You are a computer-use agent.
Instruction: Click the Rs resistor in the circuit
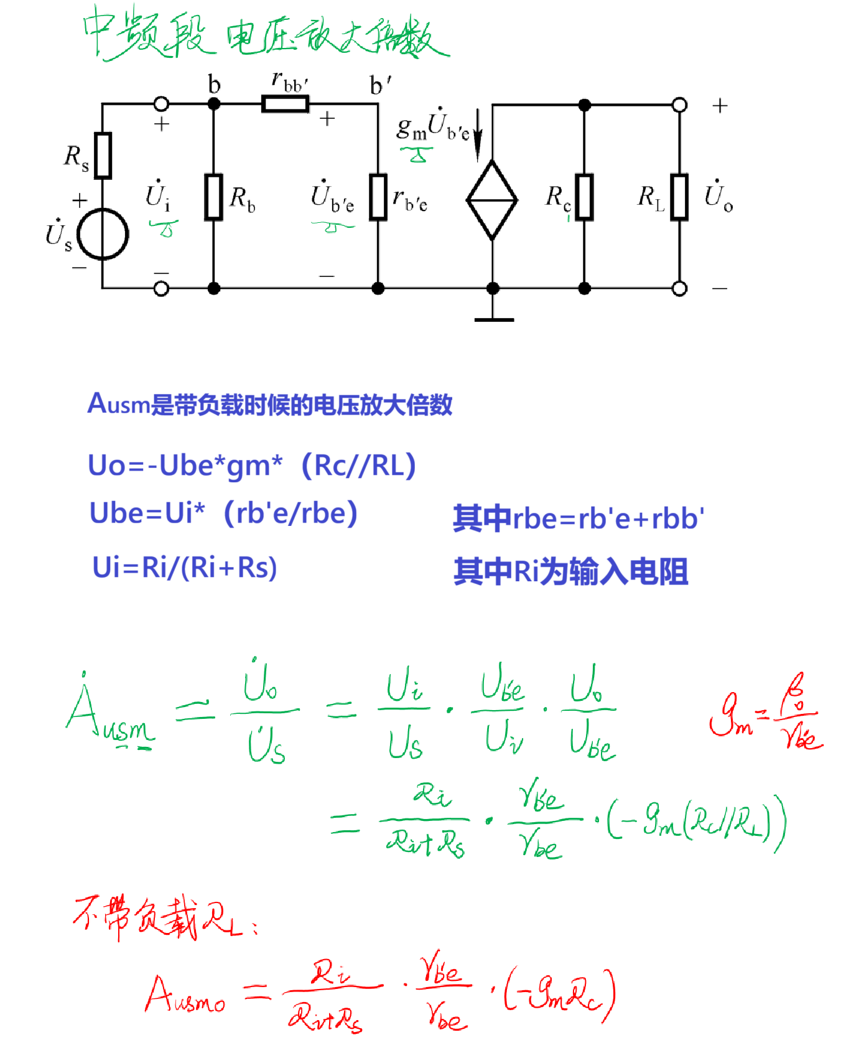[103, 156]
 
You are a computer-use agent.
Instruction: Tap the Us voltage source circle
[103, 234]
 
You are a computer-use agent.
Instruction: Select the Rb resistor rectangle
[214, 197]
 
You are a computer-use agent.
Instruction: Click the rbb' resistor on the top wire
[285, 103]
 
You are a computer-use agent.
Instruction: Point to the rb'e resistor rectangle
[378, 197]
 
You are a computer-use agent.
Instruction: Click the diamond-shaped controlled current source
[492, 200]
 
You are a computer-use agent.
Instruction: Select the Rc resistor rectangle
[584, 197]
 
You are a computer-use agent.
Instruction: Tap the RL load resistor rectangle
[679, 197]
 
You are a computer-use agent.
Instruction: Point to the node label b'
[380, 85]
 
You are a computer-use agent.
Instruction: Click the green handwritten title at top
[264, 34]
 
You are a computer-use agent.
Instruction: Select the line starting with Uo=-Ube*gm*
[251, 465]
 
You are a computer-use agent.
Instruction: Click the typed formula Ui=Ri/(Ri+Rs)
[184, 568]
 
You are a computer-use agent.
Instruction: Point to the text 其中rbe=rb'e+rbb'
[578, 518]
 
